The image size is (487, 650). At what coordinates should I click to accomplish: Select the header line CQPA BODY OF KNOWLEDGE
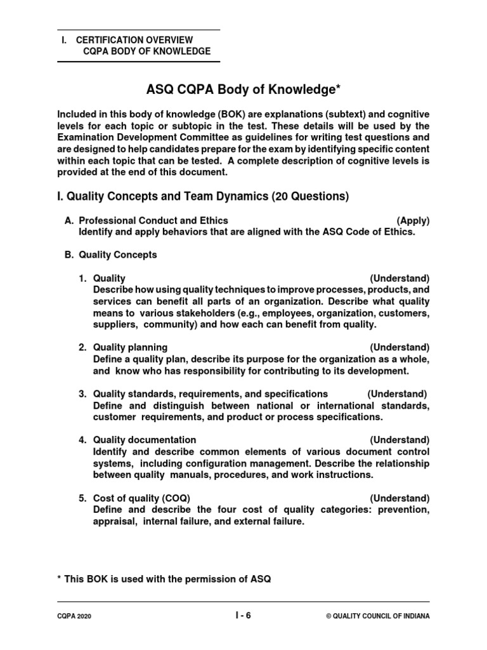coord(147,51)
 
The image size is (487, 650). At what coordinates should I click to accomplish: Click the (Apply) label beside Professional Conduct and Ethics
coord(413,220)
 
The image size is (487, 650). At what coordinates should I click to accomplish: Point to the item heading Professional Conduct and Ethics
coord(153,220)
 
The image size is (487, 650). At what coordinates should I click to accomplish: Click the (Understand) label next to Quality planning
coord(399,347)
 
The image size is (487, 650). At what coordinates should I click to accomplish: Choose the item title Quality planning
coord(130,347)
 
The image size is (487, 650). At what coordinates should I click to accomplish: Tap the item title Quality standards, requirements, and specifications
coord(211,394)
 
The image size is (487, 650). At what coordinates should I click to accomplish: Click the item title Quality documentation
coord(145,440)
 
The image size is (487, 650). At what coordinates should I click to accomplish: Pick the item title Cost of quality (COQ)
coord(141,498)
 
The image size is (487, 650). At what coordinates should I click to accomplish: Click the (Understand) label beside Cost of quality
coord(399,498)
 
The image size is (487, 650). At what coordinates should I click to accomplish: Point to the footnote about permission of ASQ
coord(164,580)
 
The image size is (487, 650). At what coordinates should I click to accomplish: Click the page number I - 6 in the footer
coord(243,614)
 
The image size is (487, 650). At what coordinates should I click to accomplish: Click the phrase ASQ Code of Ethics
coord(371,232)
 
